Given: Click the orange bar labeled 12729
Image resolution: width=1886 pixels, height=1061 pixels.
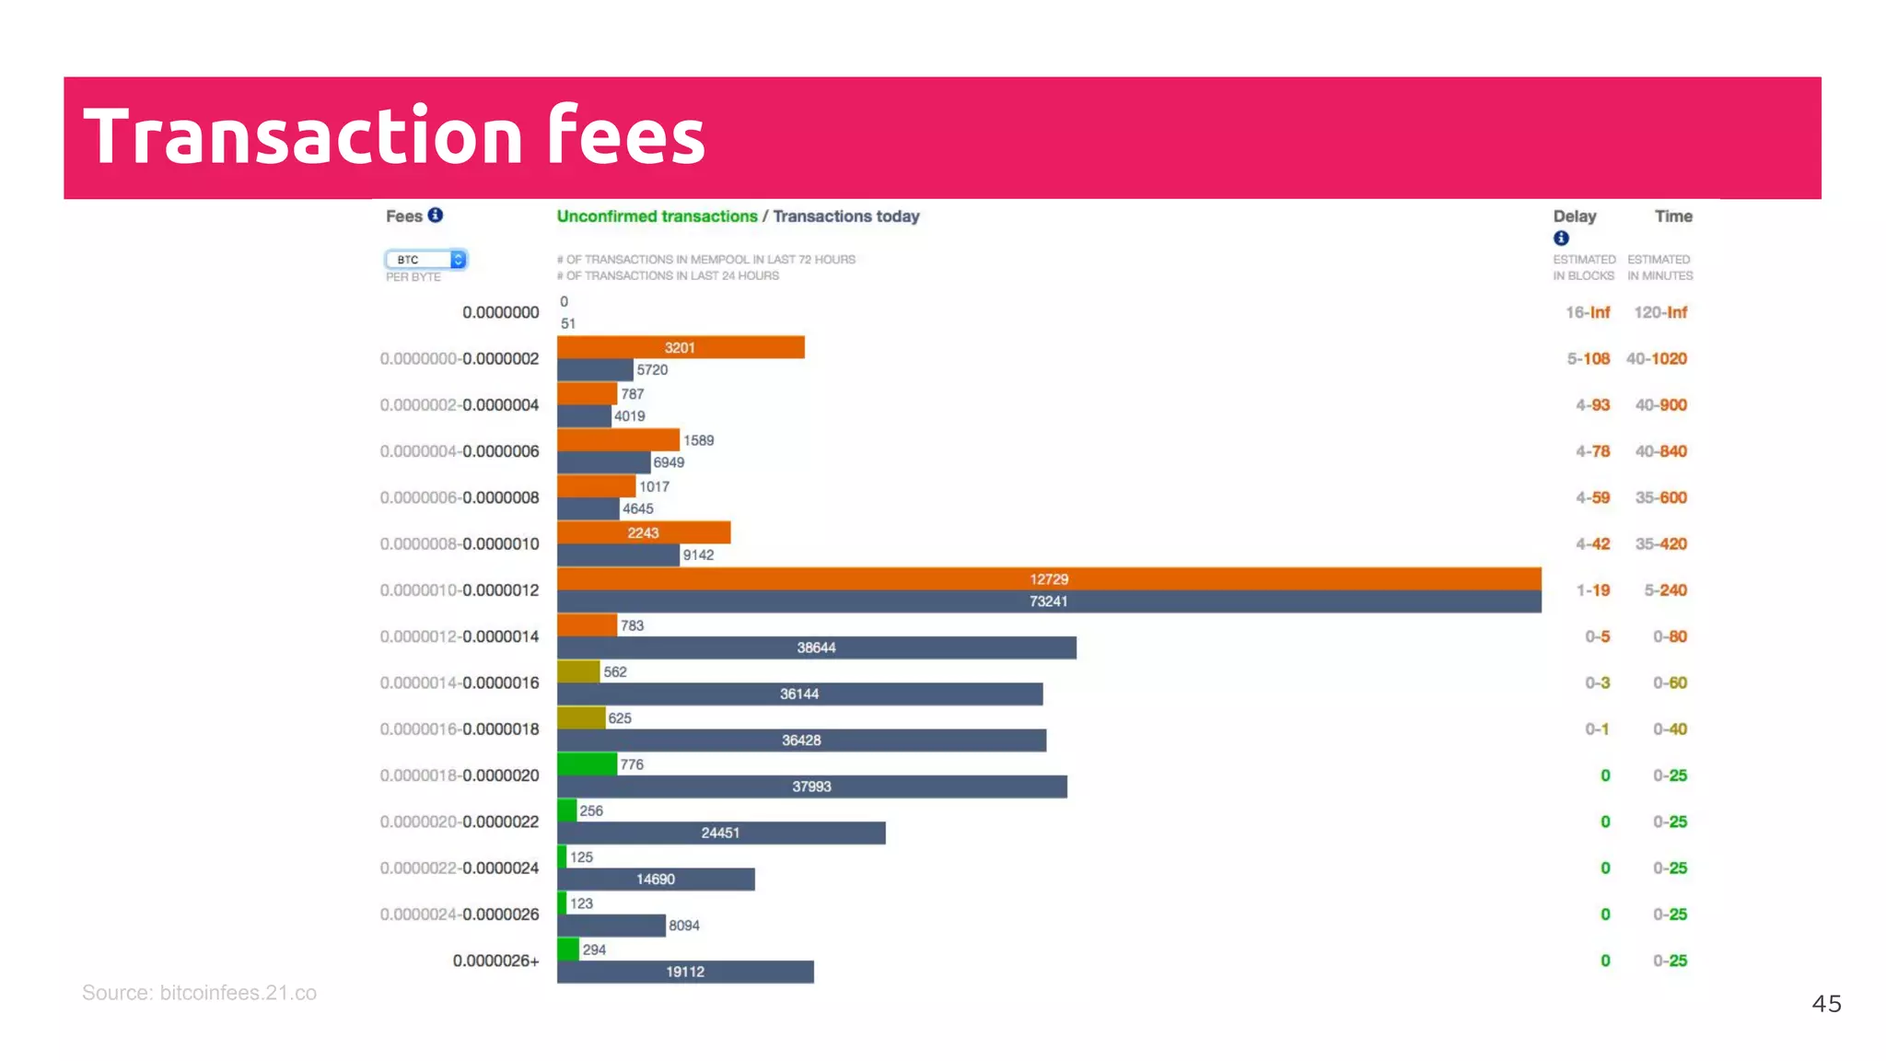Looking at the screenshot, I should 1048,578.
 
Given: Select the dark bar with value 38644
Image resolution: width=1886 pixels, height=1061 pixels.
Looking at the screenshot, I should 816,647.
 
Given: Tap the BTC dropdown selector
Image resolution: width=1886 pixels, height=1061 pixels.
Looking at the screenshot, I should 425,260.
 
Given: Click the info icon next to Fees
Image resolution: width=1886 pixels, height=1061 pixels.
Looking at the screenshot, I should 436,216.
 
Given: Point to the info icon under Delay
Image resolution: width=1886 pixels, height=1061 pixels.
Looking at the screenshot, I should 1561,239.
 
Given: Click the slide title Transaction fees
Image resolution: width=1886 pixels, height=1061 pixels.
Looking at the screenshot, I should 394,136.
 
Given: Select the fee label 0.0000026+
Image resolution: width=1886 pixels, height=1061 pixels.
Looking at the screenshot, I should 495,961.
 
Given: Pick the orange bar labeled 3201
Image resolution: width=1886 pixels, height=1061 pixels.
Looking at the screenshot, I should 680,347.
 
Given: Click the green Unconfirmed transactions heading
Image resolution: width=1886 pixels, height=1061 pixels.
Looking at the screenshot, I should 657,216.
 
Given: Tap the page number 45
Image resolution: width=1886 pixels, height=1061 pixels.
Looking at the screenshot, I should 1826,1004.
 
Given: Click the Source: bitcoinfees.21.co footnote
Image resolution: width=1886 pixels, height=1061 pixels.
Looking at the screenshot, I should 199,993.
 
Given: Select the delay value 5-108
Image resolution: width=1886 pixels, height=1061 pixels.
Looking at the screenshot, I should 1588,358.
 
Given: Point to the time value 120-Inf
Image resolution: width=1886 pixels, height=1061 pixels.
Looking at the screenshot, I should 1659,312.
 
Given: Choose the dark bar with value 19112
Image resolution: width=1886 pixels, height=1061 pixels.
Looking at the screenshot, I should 685,972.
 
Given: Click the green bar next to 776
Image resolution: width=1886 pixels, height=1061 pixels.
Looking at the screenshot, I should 587,764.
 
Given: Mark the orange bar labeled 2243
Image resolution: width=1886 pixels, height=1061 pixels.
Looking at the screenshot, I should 643,532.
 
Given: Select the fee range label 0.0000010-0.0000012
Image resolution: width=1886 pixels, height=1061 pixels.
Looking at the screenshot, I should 459,590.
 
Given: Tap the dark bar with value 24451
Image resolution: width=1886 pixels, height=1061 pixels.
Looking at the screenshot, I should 720,833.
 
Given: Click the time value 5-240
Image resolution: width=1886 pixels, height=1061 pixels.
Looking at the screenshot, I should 1665,590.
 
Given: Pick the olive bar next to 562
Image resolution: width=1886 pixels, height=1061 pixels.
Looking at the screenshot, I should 578,671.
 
